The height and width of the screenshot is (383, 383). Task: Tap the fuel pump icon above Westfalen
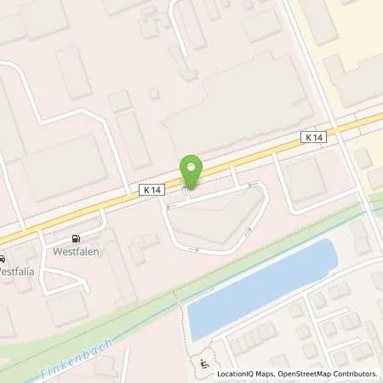(77, 239)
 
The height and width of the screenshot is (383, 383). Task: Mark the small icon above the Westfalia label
(3, 259)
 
